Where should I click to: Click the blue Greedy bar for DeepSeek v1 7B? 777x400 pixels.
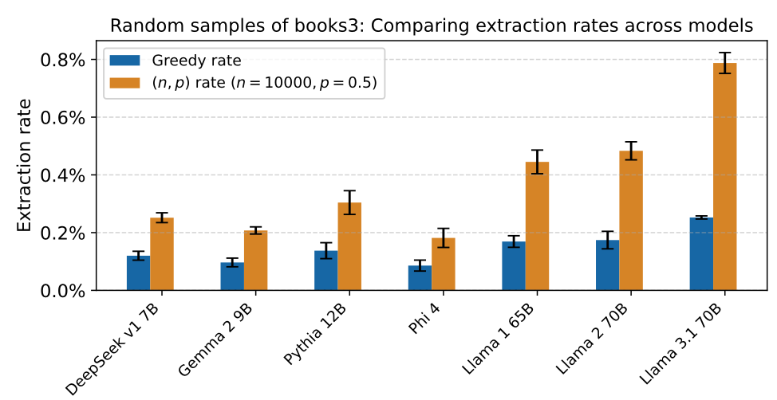coord(138,273)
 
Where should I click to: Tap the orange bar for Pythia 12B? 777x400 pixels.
coord(349,247)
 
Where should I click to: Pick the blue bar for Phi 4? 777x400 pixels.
coord(420,278)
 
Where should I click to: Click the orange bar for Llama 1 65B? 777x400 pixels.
coord(537,226)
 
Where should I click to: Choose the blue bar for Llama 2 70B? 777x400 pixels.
coord(607,265)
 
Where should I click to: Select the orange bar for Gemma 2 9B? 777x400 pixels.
coord(255,261)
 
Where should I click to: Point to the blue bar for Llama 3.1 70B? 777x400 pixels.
coord(701,254)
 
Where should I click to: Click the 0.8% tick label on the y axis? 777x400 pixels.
coord(62,61)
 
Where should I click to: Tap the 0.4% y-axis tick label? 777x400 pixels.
coord(62,175)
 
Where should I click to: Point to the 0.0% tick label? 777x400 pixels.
coord(62,291)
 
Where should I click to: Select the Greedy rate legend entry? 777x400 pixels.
coord(196,61)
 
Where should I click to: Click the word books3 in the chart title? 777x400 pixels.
coord(272,25)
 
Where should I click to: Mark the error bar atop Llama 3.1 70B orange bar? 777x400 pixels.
coord(724,63)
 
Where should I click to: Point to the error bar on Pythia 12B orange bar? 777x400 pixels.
coord(349,202)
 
